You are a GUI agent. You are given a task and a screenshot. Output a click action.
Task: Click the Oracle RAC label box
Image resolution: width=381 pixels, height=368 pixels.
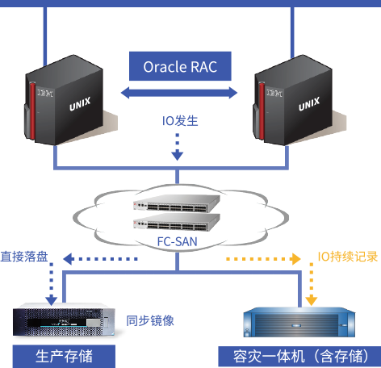[180, 66]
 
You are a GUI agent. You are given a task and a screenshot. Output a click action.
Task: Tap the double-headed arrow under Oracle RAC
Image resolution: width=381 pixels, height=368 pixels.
[179, 93]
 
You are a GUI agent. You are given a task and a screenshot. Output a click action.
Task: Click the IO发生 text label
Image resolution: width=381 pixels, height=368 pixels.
[180, 121]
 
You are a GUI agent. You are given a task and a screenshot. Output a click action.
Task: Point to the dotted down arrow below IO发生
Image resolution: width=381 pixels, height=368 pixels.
[178, 147]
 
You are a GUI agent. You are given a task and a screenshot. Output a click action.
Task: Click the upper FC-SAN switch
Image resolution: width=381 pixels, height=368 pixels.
[177, 203]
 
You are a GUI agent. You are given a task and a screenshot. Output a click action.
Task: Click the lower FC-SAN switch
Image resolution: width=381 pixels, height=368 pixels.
[177, 222]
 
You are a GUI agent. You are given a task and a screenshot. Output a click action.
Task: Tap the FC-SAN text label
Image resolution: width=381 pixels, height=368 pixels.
[178, 241]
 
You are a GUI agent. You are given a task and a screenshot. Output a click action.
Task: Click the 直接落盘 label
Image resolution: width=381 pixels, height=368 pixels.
[24, 257]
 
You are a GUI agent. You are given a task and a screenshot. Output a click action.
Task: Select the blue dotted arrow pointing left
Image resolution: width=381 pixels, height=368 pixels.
[100, 259]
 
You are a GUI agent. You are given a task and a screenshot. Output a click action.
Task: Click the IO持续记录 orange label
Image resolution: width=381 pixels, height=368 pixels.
[348, 257]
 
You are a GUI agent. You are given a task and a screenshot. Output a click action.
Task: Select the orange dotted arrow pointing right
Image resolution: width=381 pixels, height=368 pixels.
[263, 259]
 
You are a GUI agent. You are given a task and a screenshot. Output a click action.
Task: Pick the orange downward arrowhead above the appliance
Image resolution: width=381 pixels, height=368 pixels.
[312, 300]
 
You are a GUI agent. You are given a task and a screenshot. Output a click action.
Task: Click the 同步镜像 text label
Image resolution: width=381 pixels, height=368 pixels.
[150, 320]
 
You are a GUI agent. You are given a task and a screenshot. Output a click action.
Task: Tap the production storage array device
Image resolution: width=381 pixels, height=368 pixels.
[64, 320]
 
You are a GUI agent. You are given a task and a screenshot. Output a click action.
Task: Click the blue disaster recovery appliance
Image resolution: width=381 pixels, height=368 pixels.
[299, 322]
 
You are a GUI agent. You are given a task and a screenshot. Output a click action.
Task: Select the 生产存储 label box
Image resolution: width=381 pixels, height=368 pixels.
[64, 356]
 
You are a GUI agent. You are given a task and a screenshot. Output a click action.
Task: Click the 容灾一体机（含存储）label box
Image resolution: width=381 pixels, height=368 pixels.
[299, 357]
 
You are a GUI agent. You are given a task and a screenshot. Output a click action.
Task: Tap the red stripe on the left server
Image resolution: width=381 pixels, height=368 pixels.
[32, 111]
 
